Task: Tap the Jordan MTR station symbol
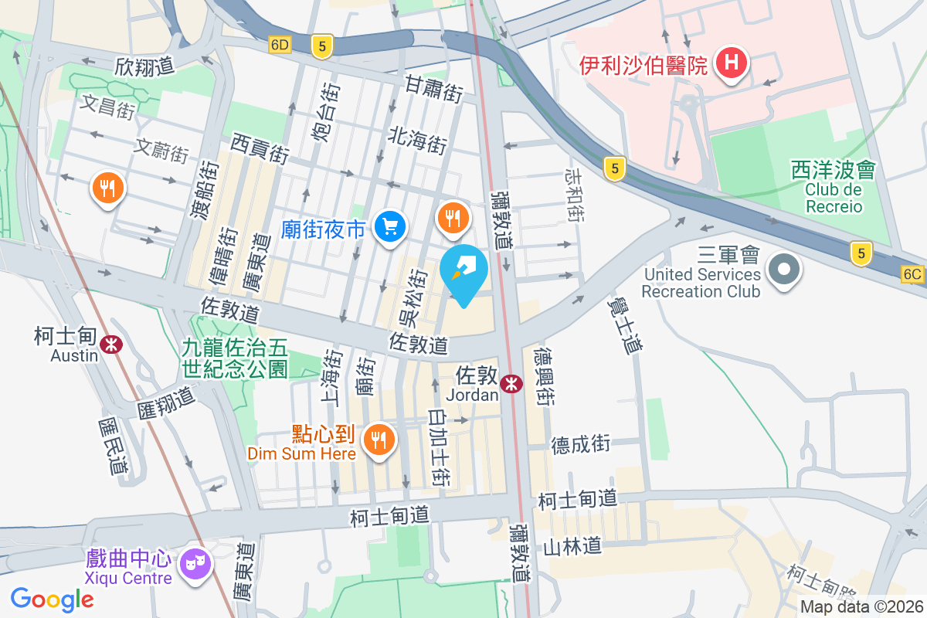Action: [x=510, y=382]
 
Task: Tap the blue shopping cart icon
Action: [x=389, y=226]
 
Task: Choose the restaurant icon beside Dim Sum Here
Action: [x=378, y=441]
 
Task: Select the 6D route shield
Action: [x=280, y=45]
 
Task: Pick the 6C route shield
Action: [x=912, y=273]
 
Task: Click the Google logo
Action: [x=52, y=599]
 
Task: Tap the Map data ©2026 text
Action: [x=861, y=607]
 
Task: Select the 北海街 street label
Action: [x=417, y=140]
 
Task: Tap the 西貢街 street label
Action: [x=260, y=148]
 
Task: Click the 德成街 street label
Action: [x=581, y=444]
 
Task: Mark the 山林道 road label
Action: [x=572, y=546]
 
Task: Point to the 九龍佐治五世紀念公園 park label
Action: [x=235, y=358]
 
